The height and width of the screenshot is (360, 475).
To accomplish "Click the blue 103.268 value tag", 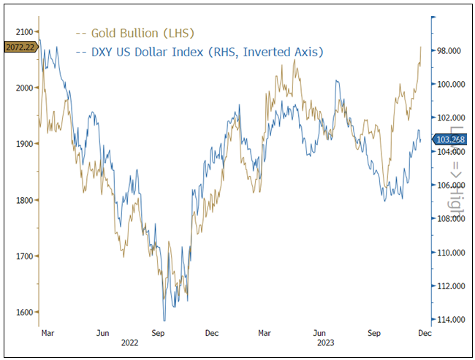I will coord(450,139).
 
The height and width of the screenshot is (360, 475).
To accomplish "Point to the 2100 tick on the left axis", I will coord(23,31).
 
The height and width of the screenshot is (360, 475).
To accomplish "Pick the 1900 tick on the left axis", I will coord(23,144).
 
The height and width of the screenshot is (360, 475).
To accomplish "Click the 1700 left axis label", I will coord(23,256).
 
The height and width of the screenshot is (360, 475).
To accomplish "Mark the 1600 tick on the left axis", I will coord(23,313).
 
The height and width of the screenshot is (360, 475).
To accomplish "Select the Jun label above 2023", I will coord(319,332).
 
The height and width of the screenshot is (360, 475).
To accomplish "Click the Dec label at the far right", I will coord(424,332).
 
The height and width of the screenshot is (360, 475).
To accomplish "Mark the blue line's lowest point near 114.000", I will coord(164,320).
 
